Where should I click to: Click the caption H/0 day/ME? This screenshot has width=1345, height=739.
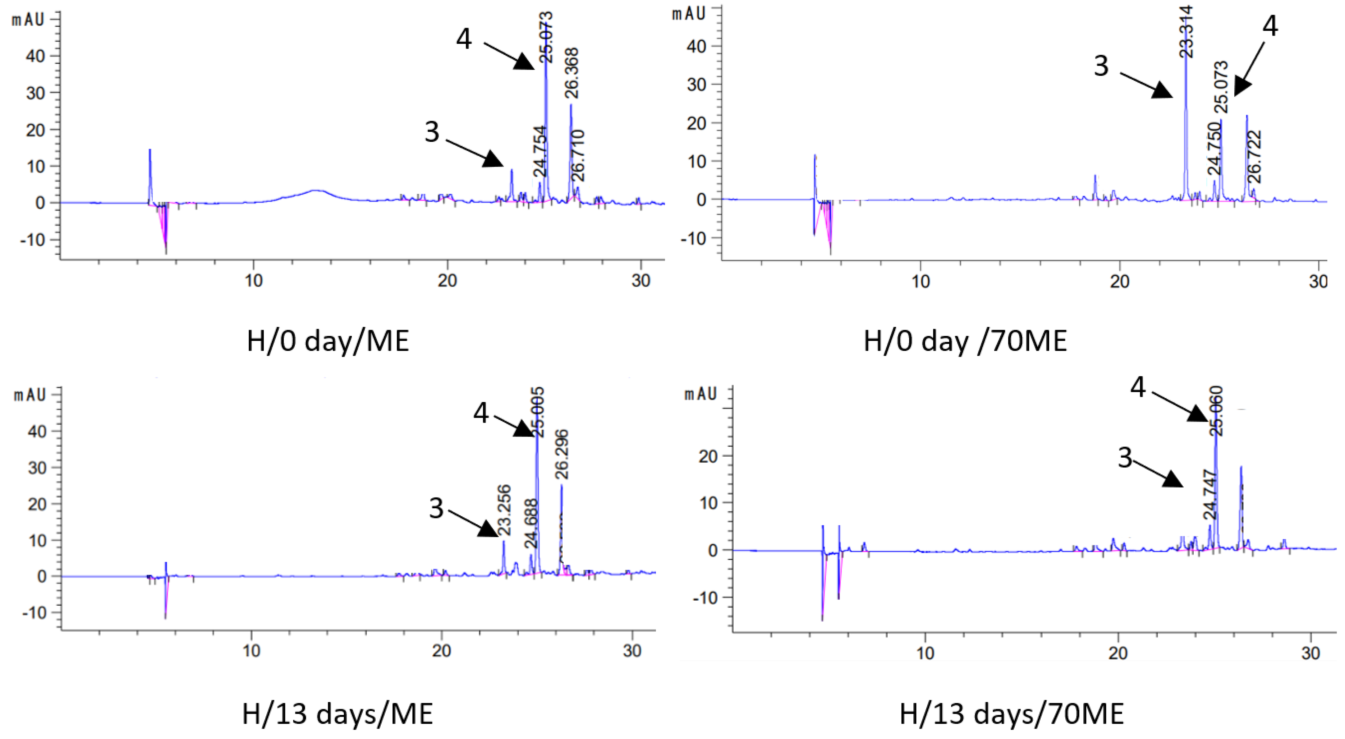327,342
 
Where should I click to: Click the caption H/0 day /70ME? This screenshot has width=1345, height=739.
965,342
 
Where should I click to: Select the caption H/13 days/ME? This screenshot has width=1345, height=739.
337,713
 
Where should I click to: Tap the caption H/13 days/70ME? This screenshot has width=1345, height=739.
1011,713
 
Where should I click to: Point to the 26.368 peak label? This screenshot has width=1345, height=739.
572,73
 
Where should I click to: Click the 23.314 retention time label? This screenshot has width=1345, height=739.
1186,31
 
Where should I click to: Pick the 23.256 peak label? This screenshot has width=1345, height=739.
504,510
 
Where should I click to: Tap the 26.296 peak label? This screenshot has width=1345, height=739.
562,454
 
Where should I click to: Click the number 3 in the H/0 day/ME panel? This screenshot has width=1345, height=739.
432,132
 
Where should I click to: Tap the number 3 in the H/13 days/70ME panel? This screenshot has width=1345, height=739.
1125,458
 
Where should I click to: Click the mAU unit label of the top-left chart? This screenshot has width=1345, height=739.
29,20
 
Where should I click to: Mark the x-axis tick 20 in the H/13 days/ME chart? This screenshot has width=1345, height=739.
442,650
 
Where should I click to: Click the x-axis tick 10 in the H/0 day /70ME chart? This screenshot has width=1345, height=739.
921,282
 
